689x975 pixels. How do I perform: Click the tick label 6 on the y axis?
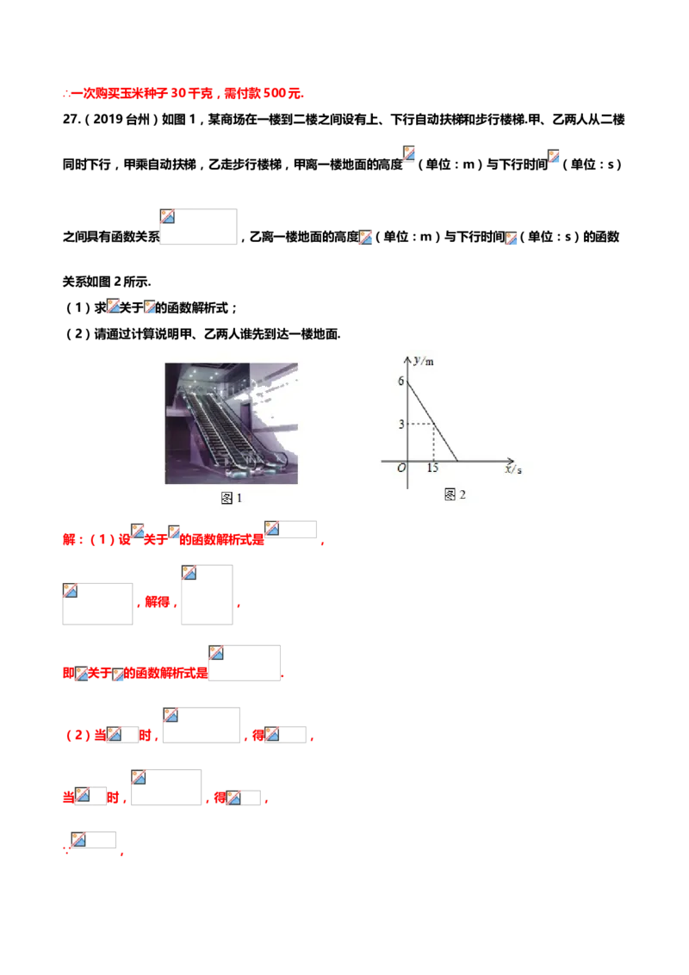400,380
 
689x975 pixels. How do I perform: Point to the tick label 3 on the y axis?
400,424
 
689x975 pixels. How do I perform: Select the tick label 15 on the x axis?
432,469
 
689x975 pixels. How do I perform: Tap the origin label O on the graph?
400,469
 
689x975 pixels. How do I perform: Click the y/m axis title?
423,361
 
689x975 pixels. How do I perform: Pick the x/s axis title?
513,469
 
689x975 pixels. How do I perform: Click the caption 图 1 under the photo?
232,499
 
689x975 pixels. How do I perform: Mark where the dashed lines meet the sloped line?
433,424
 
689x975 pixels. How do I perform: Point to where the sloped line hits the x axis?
457,460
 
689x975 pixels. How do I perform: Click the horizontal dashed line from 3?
420,424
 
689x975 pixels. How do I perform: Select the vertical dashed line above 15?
433,443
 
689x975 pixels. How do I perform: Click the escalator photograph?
231,422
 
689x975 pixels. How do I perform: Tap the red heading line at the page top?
184,95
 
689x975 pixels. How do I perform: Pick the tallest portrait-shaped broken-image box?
206,592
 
